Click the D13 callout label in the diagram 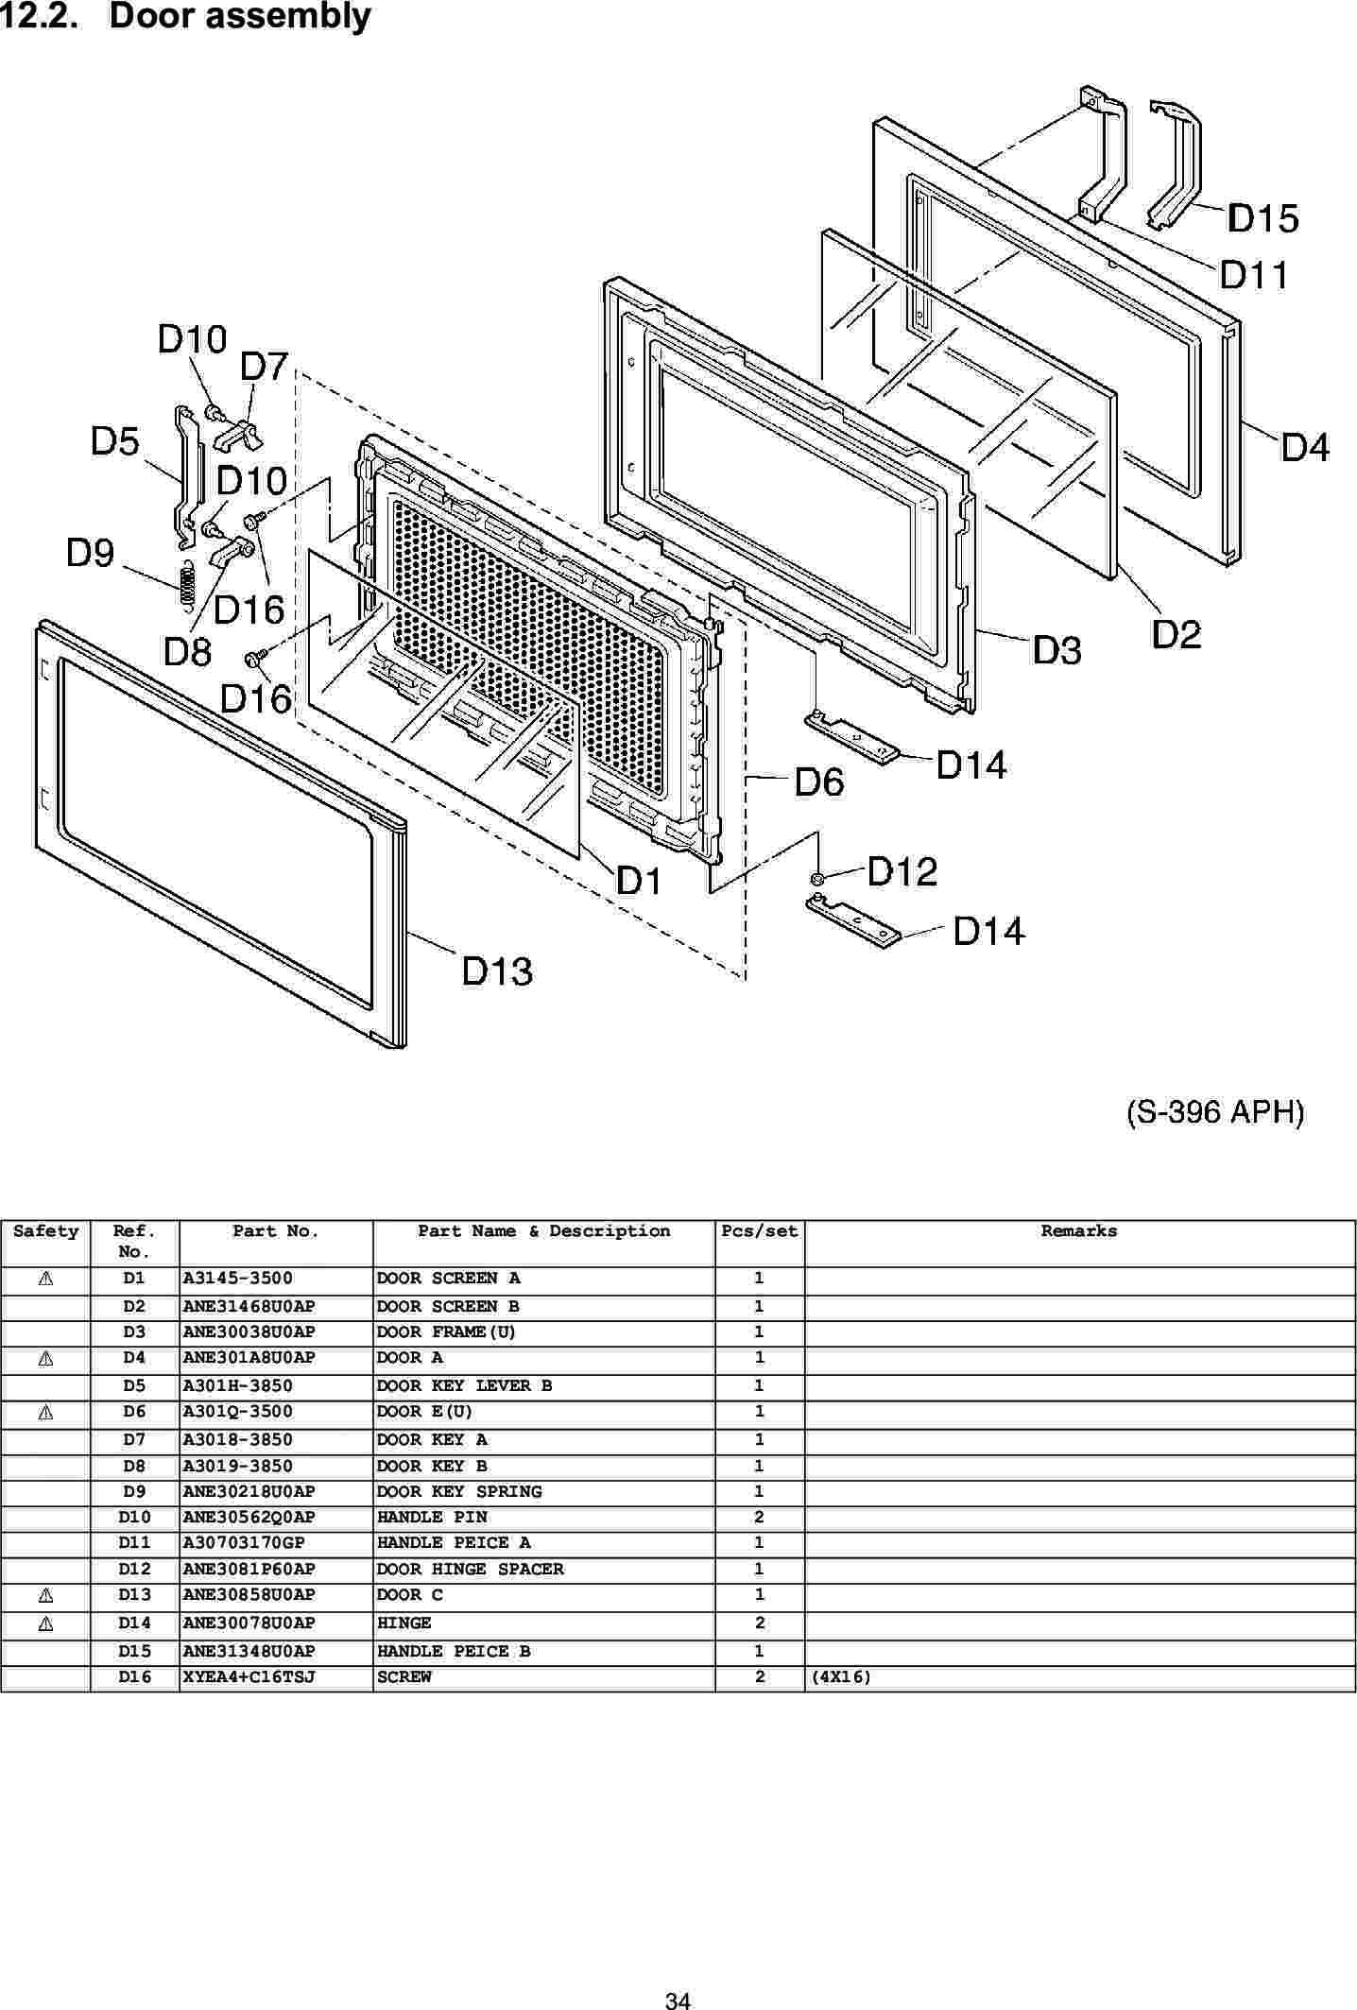pyautogui.click(x=497, y=971)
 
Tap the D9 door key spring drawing pyautogui.click(x=187, y=580)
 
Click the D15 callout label pyautogui.click(x=1263, y=219)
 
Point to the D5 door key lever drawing pyautogui.click(x=186, y=477)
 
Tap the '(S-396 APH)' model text pyautogui.click(x=1215, y=1112)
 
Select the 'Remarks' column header pyautogui.click(x=1078, y=1231)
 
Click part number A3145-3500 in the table pyautogui.click(x=237, y=1279)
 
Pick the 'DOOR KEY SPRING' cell pyautogui.click(x=459, y=1491)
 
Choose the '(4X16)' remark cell pyautogui.click(x=840, y=1677)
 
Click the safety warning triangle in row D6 pyautogui.click(x=44, y=1412)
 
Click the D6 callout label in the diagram pyautogui.click(x=818, y=782)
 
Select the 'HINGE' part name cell pyautogui.click(x=404, y=1623)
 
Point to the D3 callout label pyautogui.click(x=1056, y=650)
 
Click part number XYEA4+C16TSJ pyautogui.click(x=249, y=1677)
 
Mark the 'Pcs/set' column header pyautogui.click(x=759, y=1231)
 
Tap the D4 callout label pyautogui.click(x=1304, y=446)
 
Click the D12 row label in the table pyautogui.click(x=134, y=1569)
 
